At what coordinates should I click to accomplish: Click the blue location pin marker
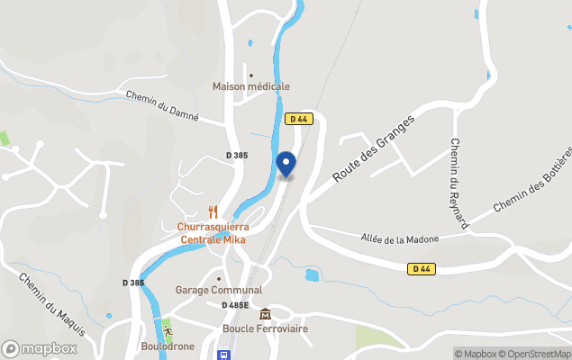click(x=286, y=163)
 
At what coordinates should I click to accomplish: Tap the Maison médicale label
click(x=251, y=86)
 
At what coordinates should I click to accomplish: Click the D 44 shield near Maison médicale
click(x=298, y=119)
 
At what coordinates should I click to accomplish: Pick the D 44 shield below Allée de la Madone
click(x=421, y=268)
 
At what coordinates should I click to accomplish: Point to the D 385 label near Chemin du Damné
click(x=236, y=156)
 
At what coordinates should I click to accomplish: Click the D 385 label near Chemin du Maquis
click(x=132, y=283)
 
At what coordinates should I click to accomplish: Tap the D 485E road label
click(x=235, y=305)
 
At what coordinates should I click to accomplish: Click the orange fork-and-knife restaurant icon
click(x=213, y=211)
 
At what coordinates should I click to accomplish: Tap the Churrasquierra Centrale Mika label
click(x=214, y=233)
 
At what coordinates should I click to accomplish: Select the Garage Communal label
click(x=219, y=290)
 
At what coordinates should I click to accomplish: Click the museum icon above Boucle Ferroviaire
click(x=265, y=314)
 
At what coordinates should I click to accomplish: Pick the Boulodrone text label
click(x=168, y=346)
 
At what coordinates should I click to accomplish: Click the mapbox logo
click(x=40, y=348)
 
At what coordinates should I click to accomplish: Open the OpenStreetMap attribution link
click(x=538, y=354)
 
